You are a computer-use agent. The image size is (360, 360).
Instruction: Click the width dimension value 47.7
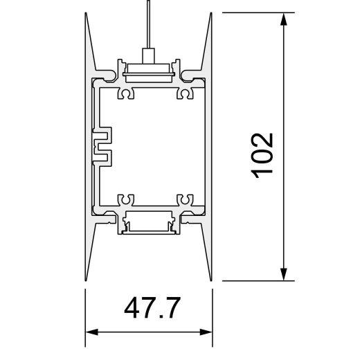(152, 307)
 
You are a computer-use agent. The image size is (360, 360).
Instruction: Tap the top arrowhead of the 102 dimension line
(282, 18)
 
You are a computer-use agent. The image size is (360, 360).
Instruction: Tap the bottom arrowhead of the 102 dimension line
(282, 275)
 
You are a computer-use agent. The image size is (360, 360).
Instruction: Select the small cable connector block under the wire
(148, 55)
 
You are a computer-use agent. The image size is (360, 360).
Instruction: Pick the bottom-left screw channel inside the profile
(127, 200)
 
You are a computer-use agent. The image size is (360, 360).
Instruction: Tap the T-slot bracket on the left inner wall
(102, 145)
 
